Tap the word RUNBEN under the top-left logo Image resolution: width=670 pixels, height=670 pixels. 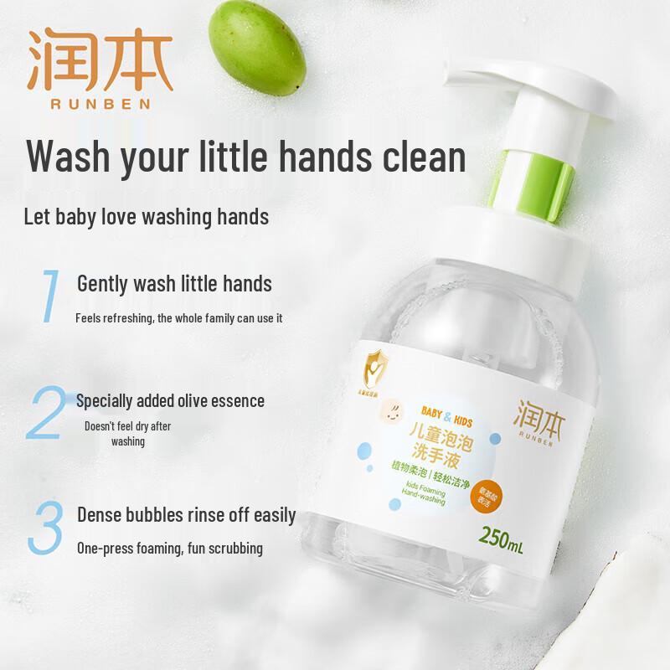[100, 103]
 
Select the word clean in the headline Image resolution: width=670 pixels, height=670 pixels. [418, 157]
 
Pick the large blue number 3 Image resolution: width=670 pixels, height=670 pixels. [47, 527]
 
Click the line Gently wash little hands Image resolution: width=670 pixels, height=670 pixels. [174, 284]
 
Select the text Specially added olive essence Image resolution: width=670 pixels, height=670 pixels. [170, 401]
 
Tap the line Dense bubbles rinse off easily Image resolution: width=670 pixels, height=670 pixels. [186, 514]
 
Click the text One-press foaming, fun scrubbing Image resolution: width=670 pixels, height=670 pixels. [169, 549]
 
